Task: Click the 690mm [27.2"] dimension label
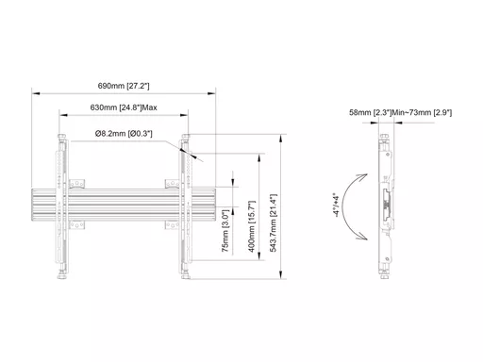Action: [x=124, y=86]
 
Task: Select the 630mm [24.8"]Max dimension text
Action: [x=124, y=107]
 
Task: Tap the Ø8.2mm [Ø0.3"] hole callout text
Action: [x=124, y=134]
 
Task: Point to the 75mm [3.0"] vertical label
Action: [x=225, y=231]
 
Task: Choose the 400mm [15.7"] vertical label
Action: [x=252, y=226]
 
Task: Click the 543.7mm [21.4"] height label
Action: [x=274, y=222]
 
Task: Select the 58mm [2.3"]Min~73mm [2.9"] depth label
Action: [x=400, y=112]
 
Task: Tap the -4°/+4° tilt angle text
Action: [x=336, y=206]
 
